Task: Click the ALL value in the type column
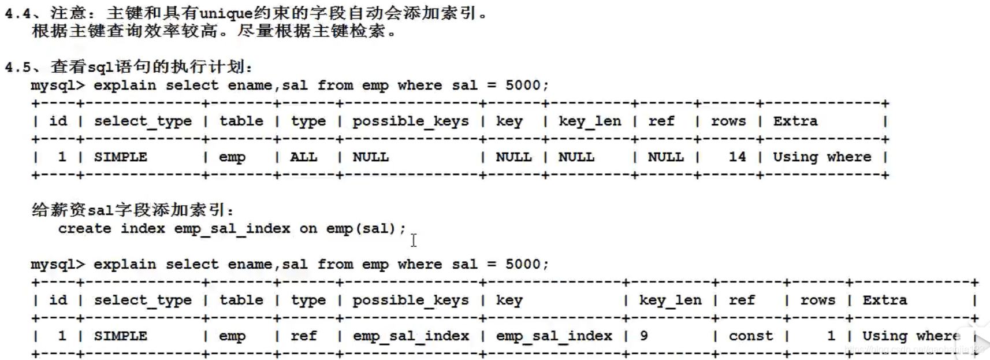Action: point(303,157)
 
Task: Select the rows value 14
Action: point(737,157)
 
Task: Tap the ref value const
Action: point(750,336)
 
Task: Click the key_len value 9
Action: point(643,336)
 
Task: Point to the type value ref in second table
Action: point(303,336)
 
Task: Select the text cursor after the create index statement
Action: point(414,240)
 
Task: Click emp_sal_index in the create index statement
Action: point(232,229)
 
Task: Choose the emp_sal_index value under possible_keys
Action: point(411,336)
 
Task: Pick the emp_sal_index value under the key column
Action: point(554,336)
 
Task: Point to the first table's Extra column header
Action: point(795,121)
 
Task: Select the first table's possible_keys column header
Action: point(411,121)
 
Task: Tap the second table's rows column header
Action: point(817,300)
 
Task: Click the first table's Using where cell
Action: point(822,157)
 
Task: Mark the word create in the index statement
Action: point(84,229)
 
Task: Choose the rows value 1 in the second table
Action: point(831,336)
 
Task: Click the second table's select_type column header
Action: point(143,300)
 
